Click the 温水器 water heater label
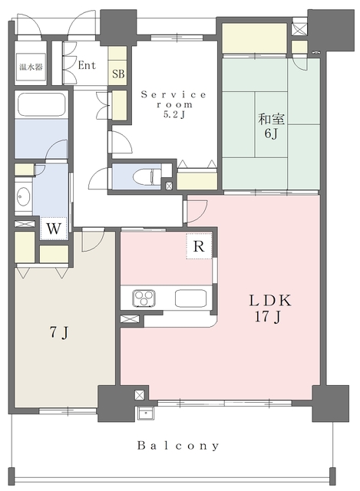click(31, 67)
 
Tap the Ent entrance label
click(87, 65)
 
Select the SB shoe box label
click(118, 74)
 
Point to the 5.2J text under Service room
click(173, 115)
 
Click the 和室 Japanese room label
click(271, 119)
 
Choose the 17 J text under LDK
click(267, 317)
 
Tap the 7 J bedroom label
click(59, 334)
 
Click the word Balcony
click(178, 446)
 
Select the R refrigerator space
click(199, 246)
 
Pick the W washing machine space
click(54, 229)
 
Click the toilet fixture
click(147, 177)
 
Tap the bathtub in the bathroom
click(41, 104)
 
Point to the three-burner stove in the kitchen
click(144, 298)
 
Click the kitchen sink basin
click(191, 298)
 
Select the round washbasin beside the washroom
click(23, 197)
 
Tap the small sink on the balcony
click(145, 413)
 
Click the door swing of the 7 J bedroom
click(93, 240)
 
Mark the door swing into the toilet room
click(100, 179)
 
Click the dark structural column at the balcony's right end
click(331, 404)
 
